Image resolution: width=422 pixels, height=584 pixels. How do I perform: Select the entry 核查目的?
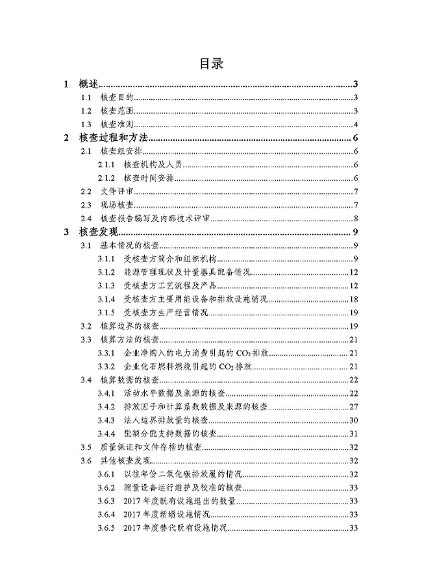117,98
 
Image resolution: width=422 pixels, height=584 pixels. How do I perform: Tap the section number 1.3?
86,125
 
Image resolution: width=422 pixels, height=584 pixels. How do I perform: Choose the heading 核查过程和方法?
113,138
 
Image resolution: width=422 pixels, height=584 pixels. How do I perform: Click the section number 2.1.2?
106,178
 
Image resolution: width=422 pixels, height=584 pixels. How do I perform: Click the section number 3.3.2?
106,367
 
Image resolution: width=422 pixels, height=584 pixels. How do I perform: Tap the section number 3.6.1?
106,474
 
